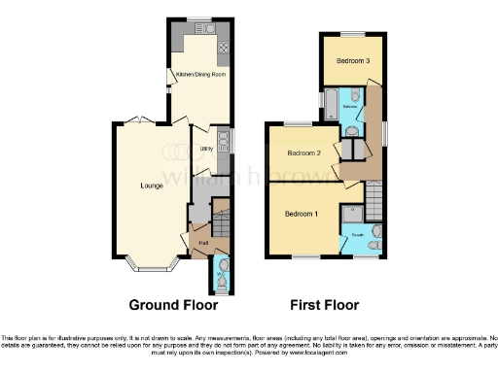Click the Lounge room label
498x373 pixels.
[x=151, y=185]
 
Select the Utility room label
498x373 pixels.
[x=206, y=149]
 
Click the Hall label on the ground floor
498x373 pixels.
[x=204, y=242]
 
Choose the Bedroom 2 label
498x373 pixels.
[x=304, y=153]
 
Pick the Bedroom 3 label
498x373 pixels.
[x=353, y=60]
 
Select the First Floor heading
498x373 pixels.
[x=325, y=304]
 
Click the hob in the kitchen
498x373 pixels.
[x=223, y=47]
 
